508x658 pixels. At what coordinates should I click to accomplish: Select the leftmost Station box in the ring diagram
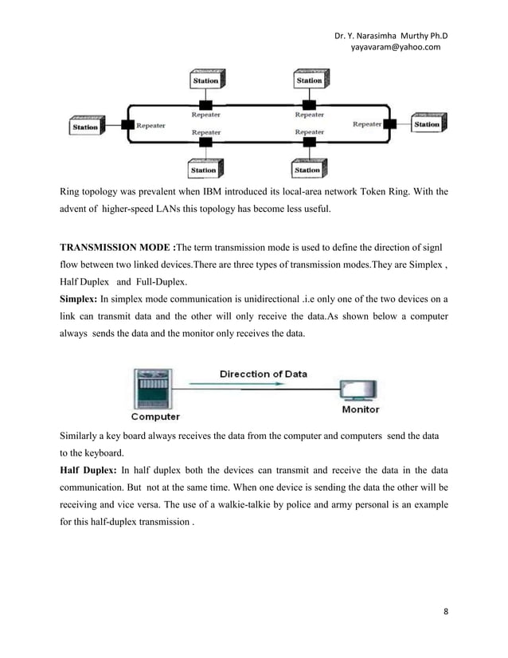coord(85,126)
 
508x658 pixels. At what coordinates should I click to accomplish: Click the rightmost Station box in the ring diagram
coord(427,124)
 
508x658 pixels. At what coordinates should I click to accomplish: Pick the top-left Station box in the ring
coord(205,80)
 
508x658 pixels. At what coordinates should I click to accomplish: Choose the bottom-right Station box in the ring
coord(307,170)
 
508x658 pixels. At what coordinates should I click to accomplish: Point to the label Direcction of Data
coord(263,374)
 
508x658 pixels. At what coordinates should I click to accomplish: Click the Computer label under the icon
coord(155,416)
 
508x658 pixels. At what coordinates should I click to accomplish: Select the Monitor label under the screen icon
coord(361,410)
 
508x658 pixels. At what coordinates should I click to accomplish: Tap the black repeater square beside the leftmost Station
coord(125,124)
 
